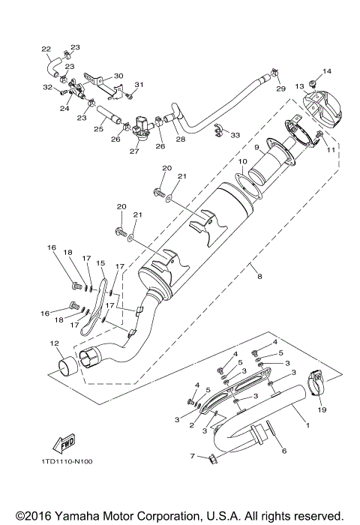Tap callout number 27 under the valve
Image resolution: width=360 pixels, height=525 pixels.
click(x=134, y=150)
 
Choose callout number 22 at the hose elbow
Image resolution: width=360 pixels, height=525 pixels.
click(x=46, y=50)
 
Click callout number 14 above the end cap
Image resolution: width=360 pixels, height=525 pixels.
click(x=325, y=71)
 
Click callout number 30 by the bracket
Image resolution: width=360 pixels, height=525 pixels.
click(x=118, y=76)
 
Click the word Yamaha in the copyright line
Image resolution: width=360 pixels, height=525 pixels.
click(x=85, y=516)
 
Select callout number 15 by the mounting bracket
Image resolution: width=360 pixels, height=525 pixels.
click(x=100, y=262)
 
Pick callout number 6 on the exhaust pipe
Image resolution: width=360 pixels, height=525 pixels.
click(x=283, y=451)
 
